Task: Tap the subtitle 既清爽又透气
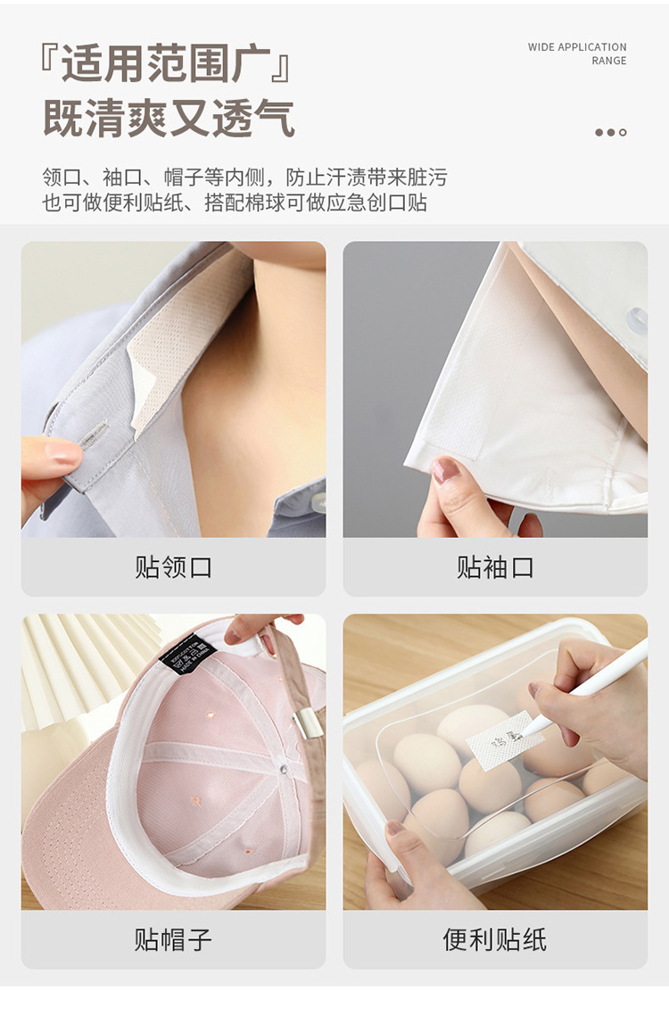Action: [169, 118]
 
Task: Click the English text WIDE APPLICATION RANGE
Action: [577, 54]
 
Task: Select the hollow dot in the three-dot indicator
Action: [623, 133]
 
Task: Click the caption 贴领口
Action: [173, 567]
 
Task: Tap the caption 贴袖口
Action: [495, 567]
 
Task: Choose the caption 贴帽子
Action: [173, 939]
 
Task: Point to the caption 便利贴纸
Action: [495, 939]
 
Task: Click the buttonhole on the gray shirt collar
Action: [90, 435]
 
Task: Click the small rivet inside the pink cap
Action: [283, 766]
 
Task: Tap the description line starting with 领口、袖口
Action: [244, 177]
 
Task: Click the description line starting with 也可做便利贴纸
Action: [235, 202]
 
